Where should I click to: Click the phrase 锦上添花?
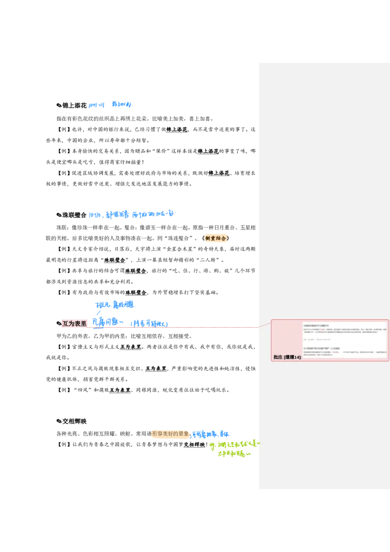(177, 130)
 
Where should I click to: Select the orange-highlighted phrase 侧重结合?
(215, 238)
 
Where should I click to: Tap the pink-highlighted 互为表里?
(74, 323)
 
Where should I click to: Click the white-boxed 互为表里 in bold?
(130, 347)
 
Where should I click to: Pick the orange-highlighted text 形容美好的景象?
(170, 434)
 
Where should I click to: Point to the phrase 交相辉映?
(195, 445)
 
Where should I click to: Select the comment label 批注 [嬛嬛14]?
(287, 357)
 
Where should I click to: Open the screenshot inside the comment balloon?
(344, 339)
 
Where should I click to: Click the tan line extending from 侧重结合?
(243, 243)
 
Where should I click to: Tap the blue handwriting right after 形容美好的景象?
(210, 434)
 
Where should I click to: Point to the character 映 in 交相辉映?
(202, 445)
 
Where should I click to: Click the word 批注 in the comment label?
(278, 357)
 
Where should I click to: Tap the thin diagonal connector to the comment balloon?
(264, 324)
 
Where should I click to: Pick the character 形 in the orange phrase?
(155, 434)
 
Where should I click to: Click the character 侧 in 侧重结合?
(208, 238)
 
